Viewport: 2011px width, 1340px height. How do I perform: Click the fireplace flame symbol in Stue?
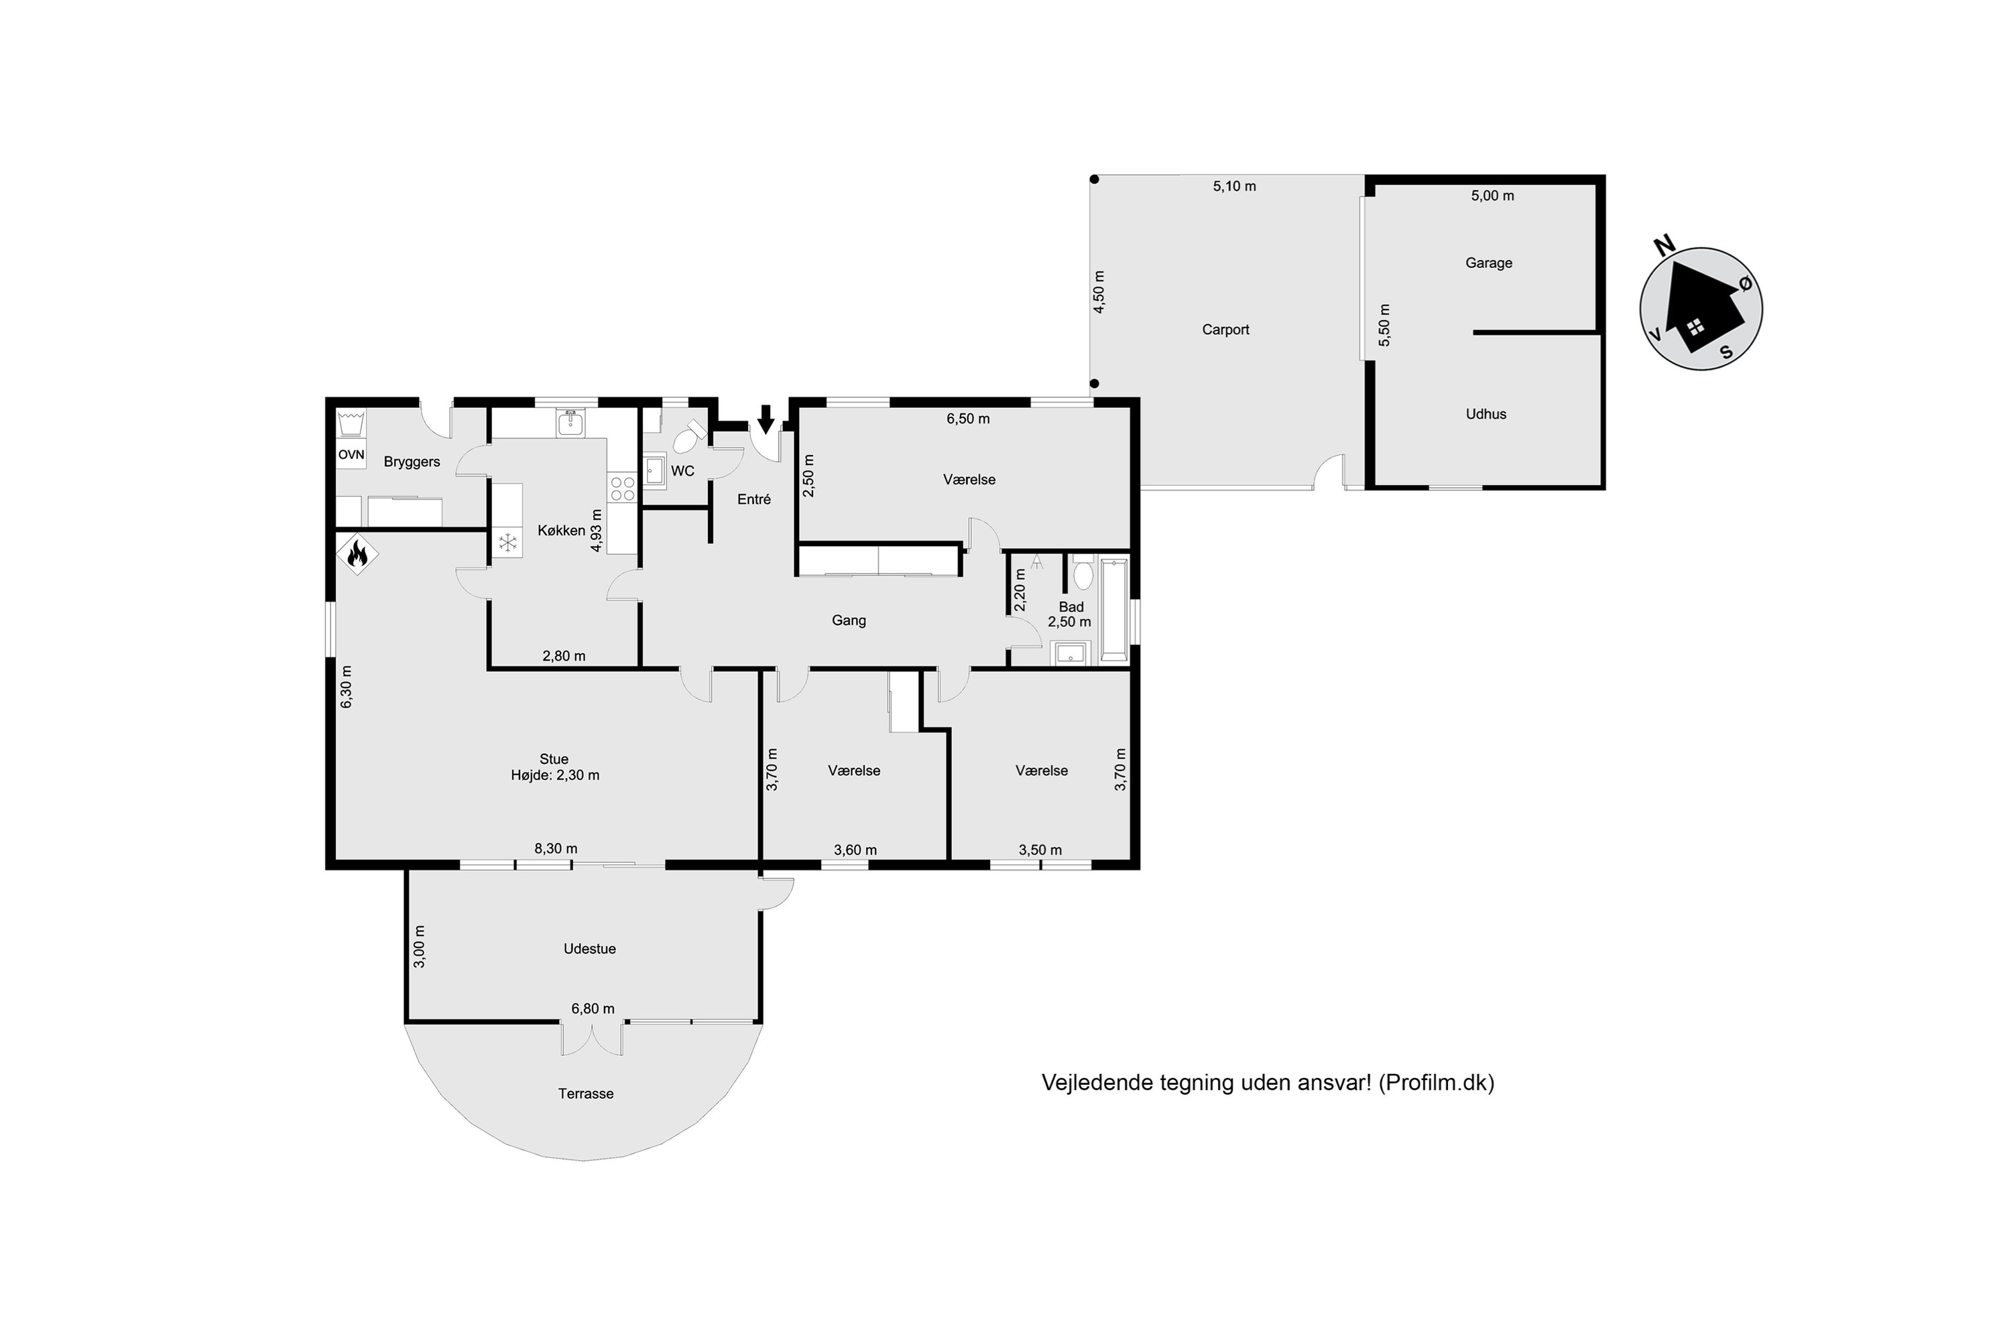357,555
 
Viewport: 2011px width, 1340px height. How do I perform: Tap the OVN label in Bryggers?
351,455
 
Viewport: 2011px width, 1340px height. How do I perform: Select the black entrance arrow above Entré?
766,419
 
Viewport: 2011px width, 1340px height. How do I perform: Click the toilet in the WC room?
689,437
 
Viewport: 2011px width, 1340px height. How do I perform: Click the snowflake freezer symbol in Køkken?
508,542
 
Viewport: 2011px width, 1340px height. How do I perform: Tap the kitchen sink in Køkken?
570,422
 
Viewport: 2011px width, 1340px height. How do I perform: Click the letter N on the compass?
1664,246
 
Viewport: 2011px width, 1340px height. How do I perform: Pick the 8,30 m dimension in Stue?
556,849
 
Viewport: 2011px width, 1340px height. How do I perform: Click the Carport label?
1225,330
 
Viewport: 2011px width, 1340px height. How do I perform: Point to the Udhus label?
1486,413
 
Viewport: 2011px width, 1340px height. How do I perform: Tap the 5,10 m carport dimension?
1235,186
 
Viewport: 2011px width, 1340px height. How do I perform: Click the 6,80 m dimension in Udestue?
593,1008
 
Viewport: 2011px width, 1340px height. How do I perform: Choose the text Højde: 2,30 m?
555,775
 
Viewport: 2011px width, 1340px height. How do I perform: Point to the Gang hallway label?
849,620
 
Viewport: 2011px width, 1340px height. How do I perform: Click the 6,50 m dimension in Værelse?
968,419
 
